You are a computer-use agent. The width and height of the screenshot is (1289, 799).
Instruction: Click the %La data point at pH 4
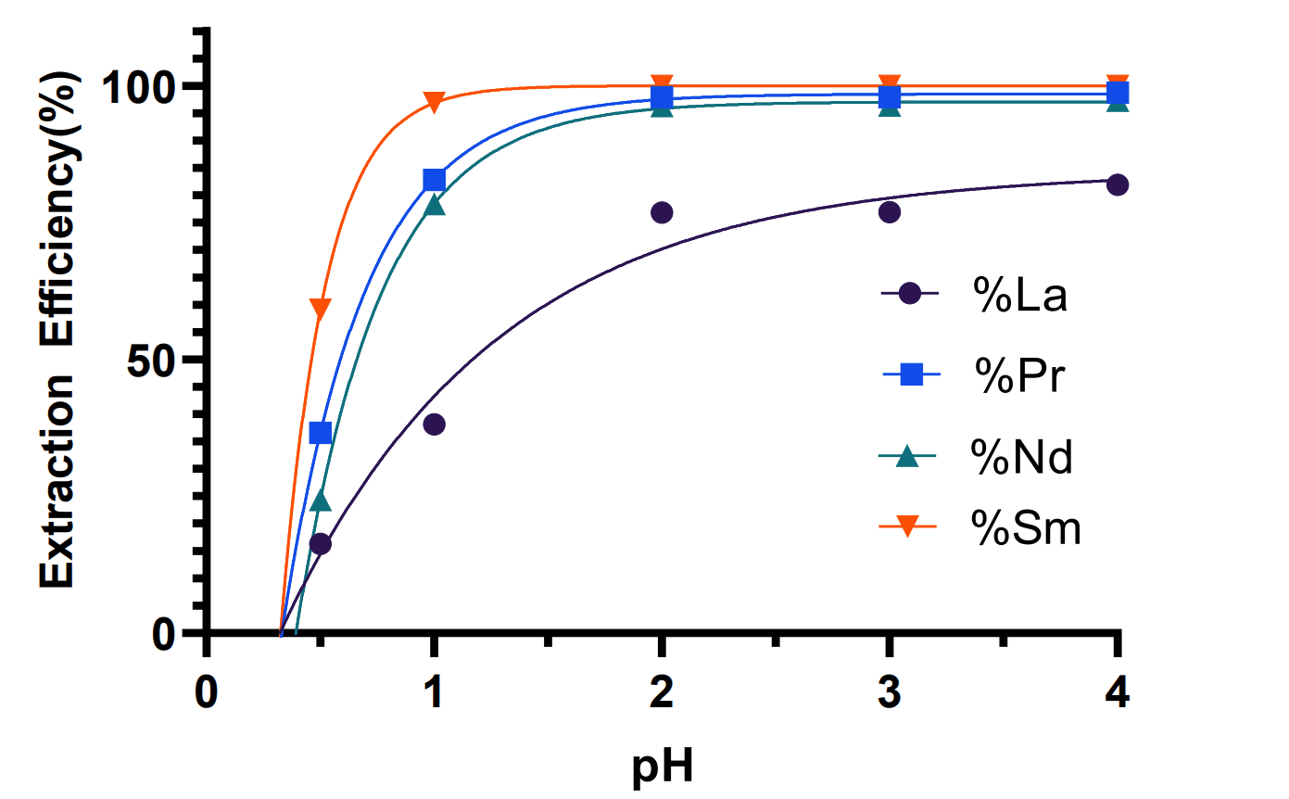[1118, 184]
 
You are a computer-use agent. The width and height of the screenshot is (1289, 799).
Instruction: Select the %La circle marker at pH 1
[434, 425]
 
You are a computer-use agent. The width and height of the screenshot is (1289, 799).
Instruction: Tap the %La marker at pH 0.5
[321, 544]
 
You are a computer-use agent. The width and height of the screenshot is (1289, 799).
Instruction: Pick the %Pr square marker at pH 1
[434, 179]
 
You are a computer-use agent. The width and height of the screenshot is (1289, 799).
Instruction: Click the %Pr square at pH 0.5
[321, 433]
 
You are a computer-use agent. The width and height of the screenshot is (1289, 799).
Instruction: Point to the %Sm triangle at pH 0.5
[321, 310]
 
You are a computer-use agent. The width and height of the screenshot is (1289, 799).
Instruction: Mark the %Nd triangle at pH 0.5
[321, 501]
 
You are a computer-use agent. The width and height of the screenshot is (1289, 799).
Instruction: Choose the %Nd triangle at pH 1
[434, 206]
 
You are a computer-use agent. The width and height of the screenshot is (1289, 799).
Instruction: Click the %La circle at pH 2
[662, 212]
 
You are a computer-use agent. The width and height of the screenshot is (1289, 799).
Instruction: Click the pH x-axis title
[663, 767]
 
